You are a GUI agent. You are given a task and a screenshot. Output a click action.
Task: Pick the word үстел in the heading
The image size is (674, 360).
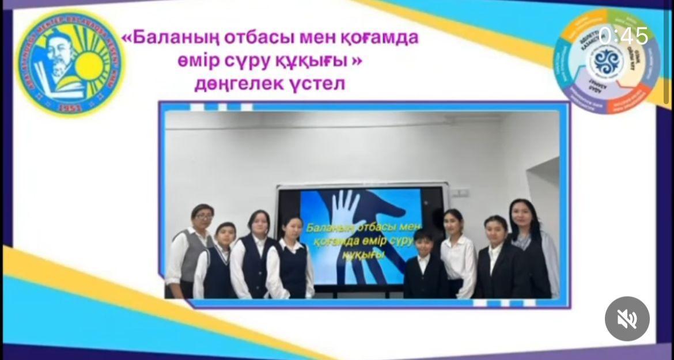pos(322,84)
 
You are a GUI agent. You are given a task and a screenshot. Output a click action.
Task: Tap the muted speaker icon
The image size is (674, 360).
pos(627,319)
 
